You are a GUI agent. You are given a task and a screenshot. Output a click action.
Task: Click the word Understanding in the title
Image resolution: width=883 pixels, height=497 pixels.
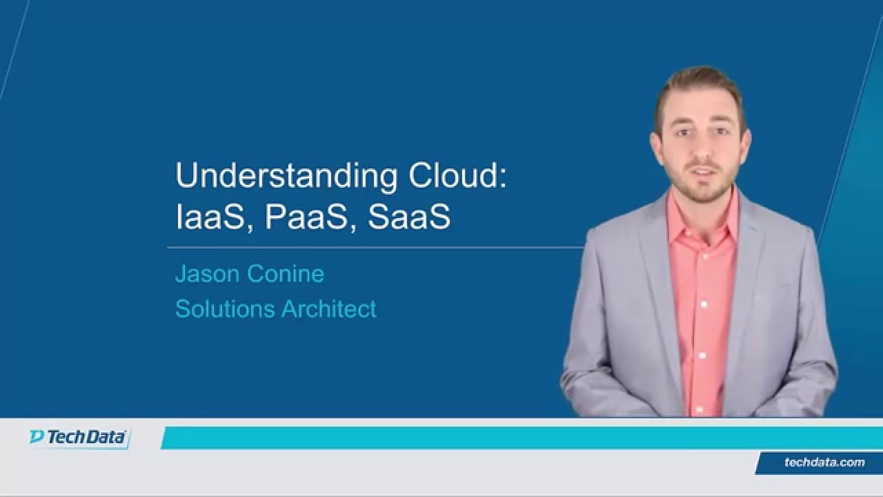coord(286,177)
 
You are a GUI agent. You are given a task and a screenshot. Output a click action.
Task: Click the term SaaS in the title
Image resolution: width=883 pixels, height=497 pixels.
coord(409,217)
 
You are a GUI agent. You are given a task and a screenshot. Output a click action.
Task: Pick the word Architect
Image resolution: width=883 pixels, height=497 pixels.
coord(328,309)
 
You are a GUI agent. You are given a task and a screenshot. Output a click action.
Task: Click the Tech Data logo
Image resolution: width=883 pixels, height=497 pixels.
coord(78,438)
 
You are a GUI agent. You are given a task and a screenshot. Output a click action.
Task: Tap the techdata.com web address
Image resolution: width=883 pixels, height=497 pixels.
coord(824,462)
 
